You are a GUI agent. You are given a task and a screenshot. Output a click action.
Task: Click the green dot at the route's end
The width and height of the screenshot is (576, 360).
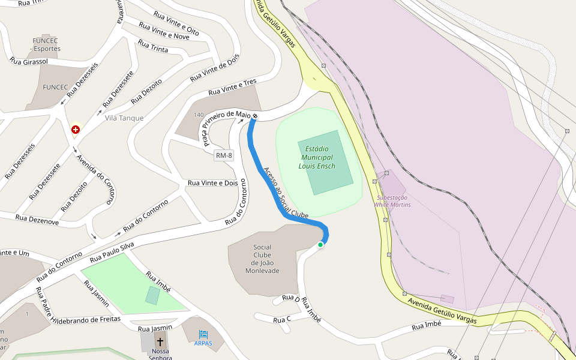(320, 245)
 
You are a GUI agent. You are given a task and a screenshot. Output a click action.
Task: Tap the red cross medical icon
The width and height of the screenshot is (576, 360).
(76, 130)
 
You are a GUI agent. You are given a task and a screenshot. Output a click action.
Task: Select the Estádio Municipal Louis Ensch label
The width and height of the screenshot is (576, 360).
(317, 157)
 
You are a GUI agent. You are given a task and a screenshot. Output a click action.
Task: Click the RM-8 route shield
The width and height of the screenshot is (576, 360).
(223, 156)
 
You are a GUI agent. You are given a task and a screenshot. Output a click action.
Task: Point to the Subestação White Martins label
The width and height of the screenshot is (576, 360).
(392, 201)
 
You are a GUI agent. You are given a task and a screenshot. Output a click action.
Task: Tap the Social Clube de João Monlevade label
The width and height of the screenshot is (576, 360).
(262, 259)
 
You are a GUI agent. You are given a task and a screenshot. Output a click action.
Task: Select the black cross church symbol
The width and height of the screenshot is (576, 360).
(160, 341)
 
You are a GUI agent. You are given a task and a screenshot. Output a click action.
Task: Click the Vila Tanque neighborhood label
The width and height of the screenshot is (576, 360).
(124, 118)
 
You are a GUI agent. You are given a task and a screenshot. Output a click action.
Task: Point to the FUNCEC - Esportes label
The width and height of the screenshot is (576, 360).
(47, 44)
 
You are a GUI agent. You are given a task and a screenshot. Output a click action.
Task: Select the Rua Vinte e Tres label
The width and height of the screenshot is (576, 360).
(232, 88)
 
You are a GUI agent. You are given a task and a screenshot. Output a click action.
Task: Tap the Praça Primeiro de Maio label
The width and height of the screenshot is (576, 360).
(226, 127)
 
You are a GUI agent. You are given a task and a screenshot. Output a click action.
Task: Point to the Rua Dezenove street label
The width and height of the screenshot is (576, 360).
(37, 221)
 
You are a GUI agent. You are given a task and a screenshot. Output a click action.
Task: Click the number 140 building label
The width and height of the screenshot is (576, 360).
(199, 115)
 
